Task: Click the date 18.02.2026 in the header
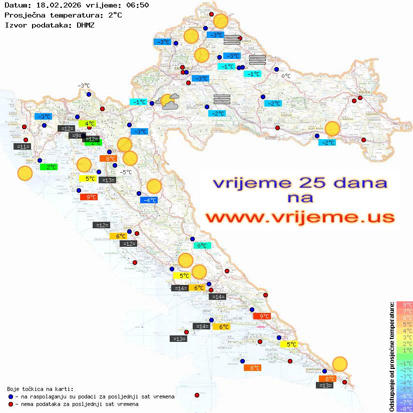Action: coord(56,6)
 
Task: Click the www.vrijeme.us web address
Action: coord(299,217)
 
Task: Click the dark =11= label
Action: coord(23,147)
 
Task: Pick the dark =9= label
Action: coord(75,136)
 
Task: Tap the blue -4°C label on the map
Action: coord(149,200)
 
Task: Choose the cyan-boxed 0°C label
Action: coord(202,246)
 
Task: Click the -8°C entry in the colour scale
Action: coord(403,408)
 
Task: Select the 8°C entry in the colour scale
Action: coord(403,304)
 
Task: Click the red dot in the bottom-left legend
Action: coord(11,404)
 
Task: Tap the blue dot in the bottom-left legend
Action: coord(11,396)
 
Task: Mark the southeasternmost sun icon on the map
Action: coord(340,364)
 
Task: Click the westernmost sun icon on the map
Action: coord(25,174)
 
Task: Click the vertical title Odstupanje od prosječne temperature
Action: coord(391,356)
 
